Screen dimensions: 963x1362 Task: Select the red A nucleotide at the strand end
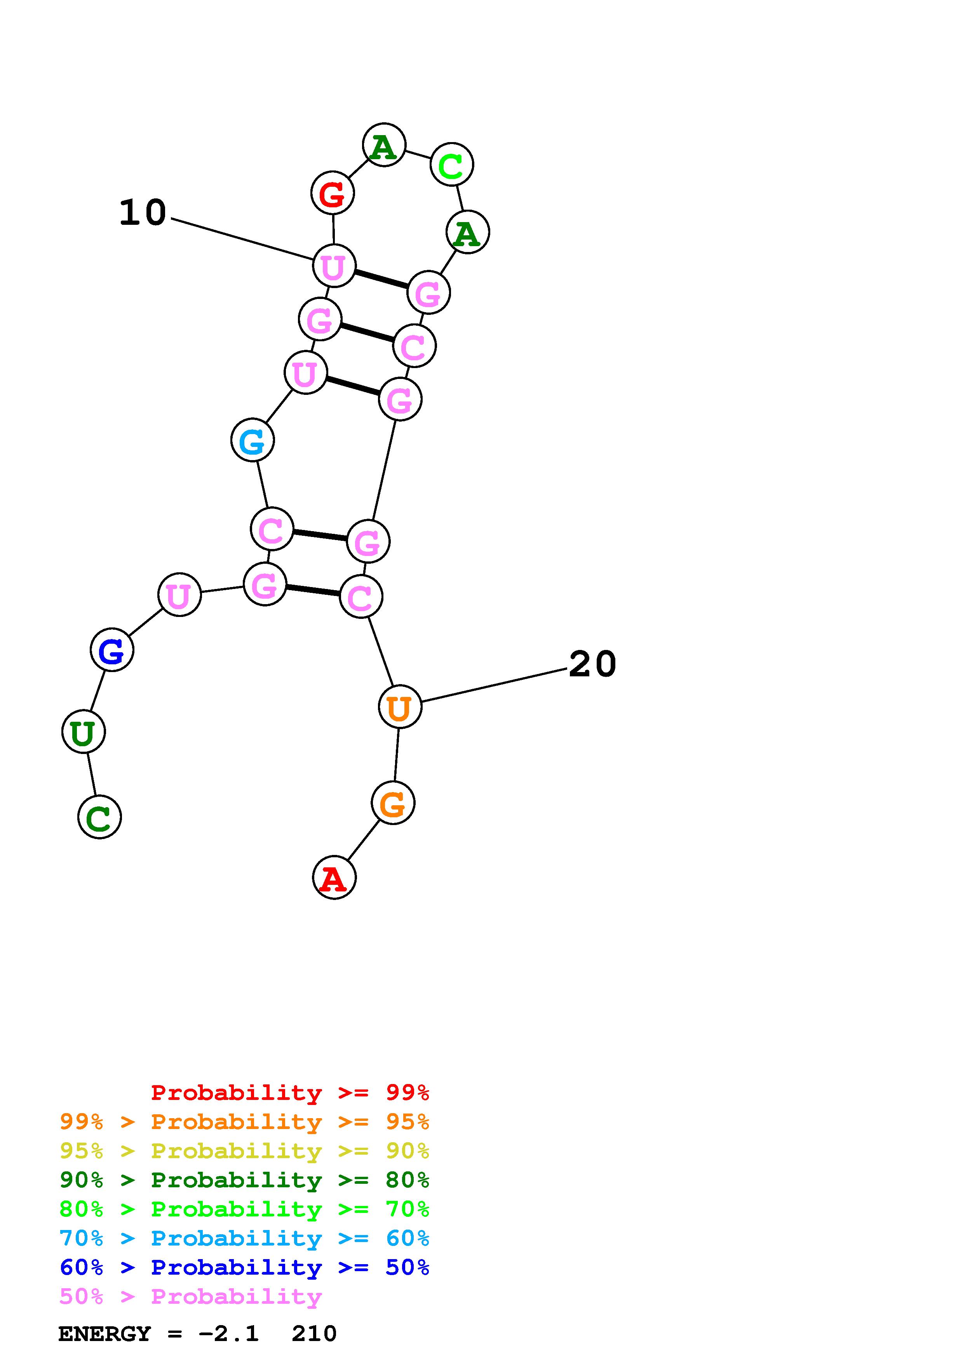(x=334, y=877)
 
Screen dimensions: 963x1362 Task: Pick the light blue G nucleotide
(x=252, y=440)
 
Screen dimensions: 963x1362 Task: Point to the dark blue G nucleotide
(x=111, y=650)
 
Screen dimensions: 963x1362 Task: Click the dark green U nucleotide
(x=84, y=732)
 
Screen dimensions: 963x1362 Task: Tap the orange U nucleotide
(x=400, y=707)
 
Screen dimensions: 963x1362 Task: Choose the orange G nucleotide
(x=393, y=803)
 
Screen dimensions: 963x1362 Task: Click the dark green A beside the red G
(x=384, y=145)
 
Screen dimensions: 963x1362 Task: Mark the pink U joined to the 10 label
(x=334, y=266)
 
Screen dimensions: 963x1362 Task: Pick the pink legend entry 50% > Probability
(x=190, y=1296)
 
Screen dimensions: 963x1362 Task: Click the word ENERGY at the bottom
(x=104, y=1334)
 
